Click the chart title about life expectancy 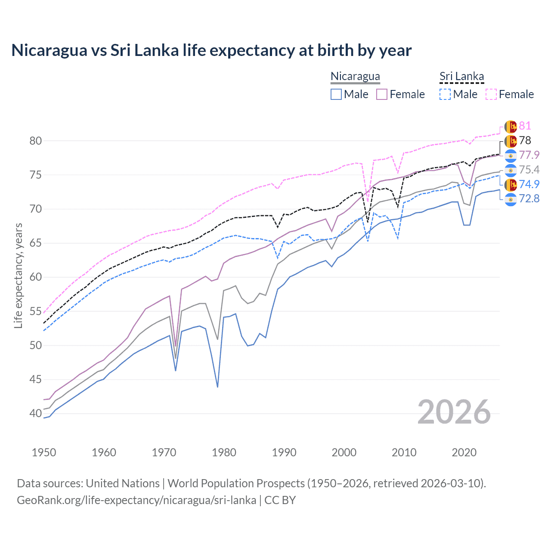click(x=211, y=50)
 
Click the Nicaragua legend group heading click(x=355, y=77)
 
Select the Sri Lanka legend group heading click(x=461, y=77)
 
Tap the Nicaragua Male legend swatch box click(x=336, y=94)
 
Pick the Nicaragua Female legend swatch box click(x=382, y=94)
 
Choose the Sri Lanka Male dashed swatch click(x=445, y=94)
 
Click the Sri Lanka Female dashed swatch click(x=491, y=94)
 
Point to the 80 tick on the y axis click(x=36, y=141)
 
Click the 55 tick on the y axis click(x=36, y=311)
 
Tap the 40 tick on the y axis click(x=36, y=414)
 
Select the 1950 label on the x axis click(x=44, y=452)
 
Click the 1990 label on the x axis click(x=284, y=452)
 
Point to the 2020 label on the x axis click(x=464, y=452)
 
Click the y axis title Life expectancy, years click(x=18, y=275)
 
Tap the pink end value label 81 click(x=525, y=126)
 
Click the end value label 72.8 click(x=529, y=198)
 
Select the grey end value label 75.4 click(x=529, y=170)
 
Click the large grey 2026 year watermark click(x=454, y=412)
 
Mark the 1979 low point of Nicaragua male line click(x=217, y=387)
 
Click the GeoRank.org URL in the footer click(x=136, y=500)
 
